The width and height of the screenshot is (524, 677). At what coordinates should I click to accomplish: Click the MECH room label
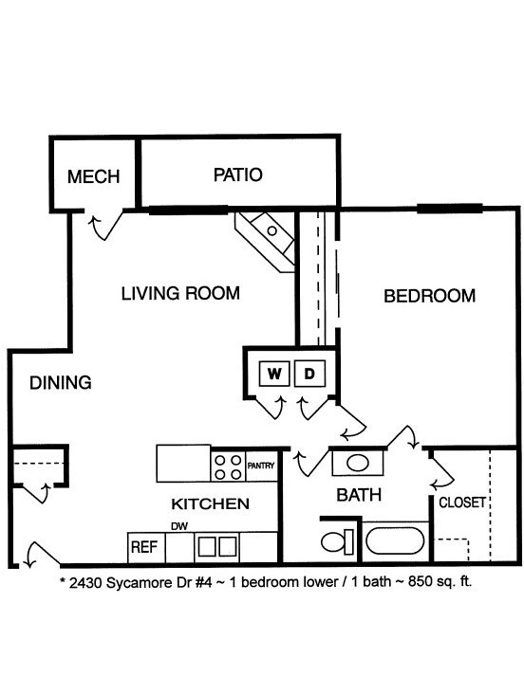coord(93,176)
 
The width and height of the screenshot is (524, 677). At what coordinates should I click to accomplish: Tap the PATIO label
coord(237,174)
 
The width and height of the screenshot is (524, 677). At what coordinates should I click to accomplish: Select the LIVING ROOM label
coord(180,293)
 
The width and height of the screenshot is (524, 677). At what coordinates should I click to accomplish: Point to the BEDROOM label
coord(429,296)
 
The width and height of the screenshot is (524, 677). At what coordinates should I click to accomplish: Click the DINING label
coord(60,383)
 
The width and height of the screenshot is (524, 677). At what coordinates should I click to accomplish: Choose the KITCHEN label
coord(210,503)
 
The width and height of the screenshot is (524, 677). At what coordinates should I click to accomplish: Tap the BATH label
coord(360,494)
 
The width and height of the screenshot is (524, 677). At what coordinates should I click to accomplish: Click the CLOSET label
coord(462,502)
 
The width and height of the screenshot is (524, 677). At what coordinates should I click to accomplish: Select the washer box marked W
coord(274,374)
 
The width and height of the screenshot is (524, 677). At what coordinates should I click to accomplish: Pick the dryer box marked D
coord(309,374)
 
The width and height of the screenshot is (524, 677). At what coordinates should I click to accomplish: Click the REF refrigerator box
coord(143,547)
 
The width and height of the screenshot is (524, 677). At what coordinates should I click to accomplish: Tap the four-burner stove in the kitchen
coord(228,465)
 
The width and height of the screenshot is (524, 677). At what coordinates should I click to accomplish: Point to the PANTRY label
coord(261,466)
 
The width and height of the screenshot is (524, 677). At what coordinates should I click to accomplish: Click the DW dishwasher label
coord(178,526)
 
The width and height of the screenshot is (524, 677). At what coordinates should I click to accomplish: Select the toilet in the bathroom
coord(334,543)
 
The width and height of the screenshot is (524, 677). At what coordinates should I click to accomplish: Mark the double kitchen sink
coord(217,547)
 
